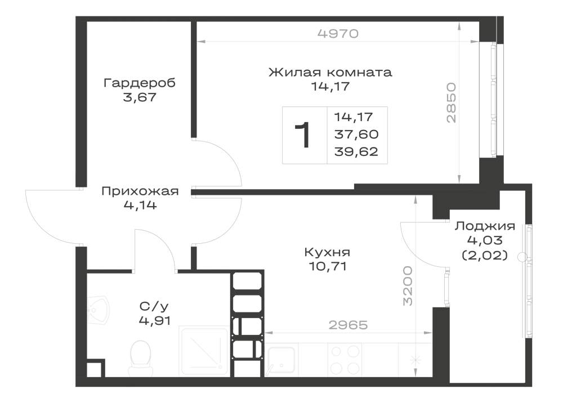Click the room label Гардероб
139,83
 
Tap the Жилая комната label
330,72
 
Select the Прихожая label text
140,191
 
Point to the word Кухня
327,252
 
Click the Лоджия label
485,226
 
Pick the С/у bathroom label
154,306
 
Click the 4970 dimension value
338,33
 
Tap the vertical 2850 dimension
451,103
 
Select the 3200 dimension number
408,286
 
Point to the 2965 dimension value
348,325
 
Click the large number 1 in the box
302,135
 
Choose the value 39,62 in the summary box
356,151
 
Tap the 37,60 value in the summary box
356,134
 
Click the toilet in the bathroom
140,354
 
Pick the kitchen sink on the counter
282,360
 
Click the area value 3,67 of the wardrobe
140,97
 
